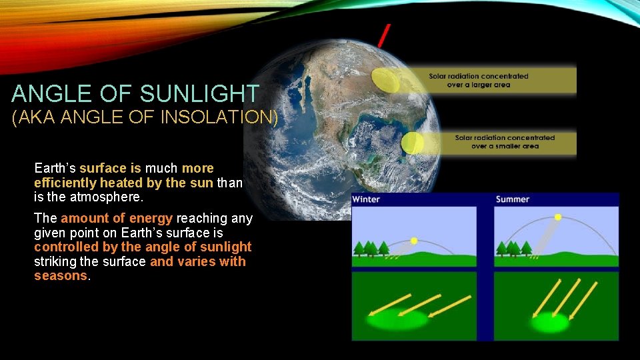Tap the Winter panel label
(366, 199)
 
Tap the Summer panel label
(512, 199)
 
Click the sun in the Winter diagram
(413, 241)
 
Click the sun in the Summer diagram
(558, 217)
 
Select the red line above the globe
(384, 35)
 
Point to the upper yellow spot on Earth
(385, 81)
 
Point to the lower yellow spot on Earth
(413, 143)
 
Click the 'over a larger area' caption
(478, 85)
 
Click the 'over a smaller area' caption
(505, 146)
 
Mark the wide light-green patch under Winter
(397, 319)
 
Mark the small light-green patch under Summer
(549, 323)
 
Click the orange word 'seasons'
(60, 276)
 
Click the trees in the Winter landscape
(371, 249)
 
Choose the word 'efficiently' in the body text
(65, 183)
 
